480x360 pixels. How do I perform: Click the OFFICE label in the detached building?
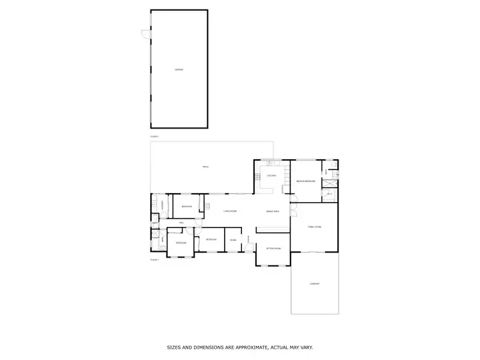[x=179, y=69]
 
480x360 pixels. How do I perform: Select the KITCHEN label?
[x=271, y=175]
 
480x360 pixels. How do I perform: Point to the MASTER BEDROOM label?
[x=306, y=182]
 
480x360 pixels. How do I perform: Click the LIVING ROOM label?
[x=230, y=211]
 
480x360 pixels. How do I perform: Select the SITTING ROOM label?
[x=274, y=248]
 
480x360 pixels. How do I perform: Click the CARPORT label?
[x=314, y=284]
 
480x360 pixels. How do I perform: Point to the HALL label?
[x=182, y=223]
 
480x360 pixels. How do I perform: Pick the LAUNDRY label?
[x=163, y=205]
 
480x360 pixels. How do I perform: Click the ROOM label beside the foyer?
[x=233, y=240]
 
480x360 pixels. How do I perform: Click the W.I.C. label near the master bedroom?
[x=330, y=193]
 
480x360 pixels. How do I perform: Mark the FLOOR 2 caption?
[x=154, y=136]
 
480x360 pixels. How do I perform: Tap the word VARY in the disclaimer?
[x=307, y=348]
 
